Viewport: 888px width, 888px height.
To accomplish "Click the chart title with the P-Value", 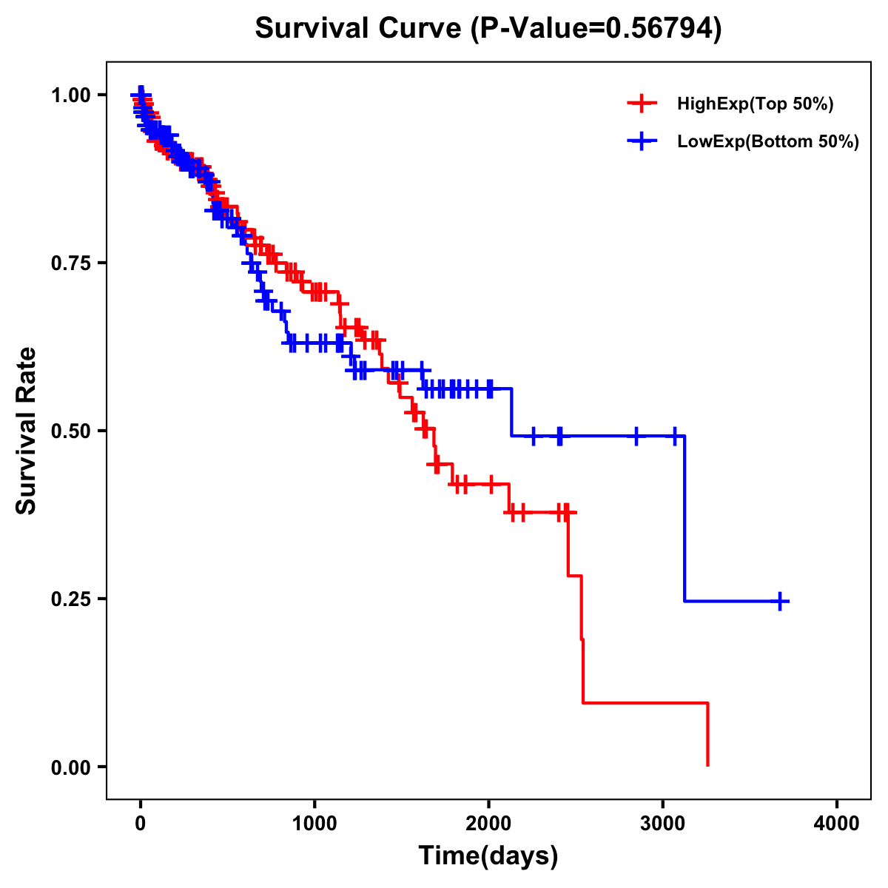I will pos(488,28).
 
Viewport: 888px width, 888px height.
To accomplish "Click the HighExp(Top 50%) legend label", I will pos(755,104).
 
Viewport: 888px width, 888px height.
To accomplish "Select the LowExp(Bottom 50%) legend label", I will pos(768,142).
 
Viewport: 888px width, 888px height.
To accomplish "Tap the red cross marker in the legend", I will pos(642,104).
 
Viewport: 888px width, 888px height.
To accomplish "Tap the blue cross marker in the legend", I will pos(642,141).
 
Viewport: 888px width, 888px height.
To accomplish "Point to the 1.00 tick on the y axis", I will pos(72,95).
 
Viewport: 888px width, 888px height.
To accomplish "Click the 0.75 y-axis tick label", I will pos(72,263).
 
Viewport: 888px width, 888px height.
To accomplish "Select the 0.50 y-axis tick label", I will pos(72,431).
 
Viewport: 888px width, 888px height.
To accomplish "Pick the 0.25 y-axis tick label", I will pos(72,599).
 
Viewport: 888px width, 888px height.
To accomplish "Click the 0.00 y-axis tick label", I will pos(72,767).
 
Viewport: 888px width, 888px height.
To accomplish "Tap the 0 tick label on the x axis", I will pos(141,823).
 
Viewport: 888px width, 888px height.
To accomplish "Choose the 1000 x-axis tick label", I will pos(314,823).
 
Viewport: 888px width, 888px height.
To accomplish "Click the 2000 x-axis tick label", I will pos(488,823).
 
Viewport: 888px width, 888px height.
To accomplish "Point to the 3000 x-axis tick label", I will pos(663,823).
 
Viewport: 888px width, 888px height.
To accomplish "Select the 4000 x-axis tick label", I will pos(837,823).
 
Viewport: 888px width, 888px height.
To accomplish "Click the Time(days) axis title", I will pos(488,856).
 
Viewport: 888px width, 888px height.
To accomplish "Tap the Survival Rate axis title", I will pos(27,431).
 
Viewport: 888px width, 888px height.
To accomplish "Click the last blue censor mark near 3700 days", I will pos(780,601).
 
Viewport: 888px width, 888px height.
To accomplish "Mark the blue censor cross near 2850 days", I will pos(636,436).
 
